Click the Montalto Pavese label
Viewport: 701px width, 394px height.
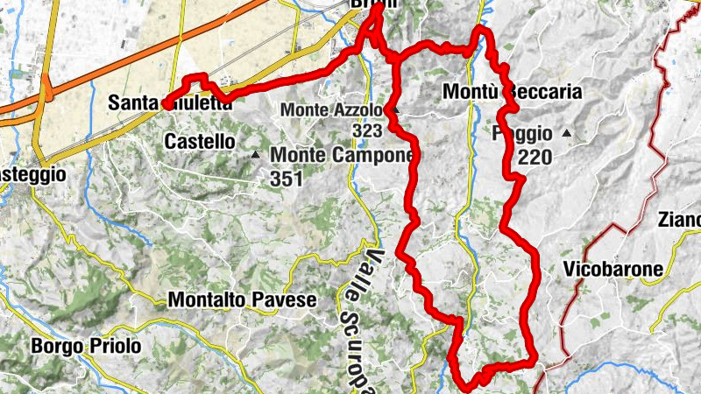tap(241, 299)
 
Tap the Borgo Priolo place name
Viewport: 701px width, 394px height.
tap(86, 346)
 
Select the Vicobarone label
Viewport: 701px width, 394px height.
tap(613, 270)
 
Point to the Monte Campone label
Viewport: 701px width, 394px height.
tap(341, 155)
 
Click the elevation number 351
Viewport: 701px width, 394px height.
tap(286, 179)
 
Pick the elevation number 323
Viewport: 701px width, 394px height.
tap(368, 130)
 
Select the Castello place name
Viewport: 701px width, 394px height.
tap(199, 140)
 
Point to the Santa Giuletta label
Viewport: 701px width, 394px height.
tap(170, 103)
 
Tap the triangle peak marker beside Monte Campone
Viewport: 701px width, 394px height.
tap(256, 155)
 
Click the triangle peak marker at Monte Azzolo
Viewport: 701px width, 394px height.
tap(396, 110)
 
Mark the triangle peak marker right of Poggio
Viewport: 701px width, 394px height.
tap(567, 134)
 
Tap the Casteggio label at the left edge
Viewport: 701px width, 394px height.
tap(33, 174)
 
